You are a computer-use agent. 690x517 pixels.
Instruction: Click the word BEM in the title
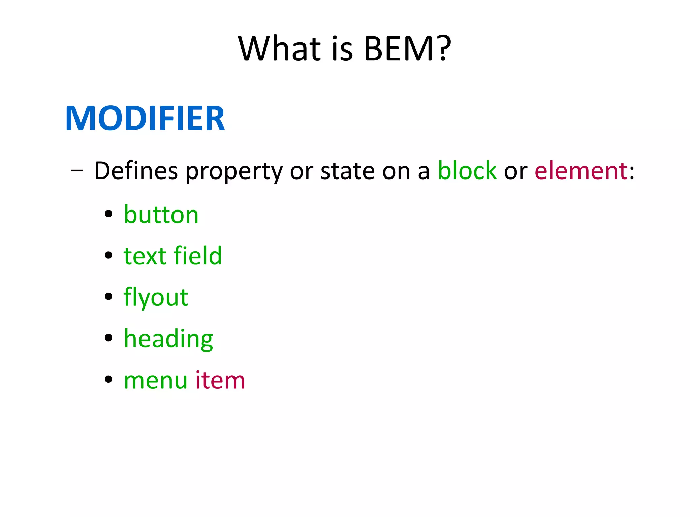[400, 49]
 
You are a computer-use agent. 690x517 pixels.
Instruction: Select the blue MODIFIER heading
[145, 118]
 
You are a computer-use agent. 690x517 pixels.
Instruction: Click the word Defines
[136, 171]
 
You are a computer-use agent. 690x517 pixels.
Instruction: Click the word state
[347, 171]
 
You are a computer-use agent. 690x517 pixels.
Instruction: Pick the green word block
[467, 170]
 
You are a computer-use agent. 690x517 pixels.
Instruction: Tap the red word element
[581, 171]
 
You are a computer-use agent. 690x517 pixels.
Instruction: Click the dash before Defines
[77, 171]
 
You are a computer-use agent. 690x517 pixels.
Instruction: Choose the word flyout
[156, 297]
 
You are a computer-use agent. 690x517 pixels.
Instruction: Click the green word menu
[155, 380]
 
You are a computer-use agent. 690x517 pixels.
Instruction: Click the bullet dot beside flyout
[108, 296]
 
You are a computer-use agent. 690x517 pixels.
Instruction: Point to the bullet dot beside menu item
[108, 379]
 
